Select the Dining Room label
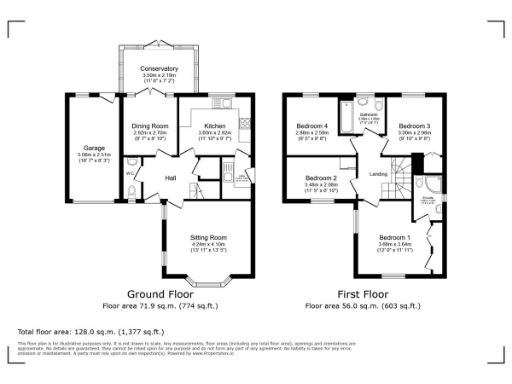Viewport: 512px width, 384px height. click(148, 125)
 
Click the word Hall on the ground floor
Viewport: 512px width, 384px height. click(170, 178)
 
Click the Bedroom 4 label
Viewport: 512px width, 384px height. click(311, 125)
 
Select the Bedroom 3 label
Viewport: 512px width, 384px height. click(412, 125)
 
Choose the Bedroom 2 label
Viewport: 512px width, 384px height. click(321, 177)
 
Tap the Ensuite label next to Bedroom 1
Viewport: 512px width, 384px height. click(427, 199)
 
